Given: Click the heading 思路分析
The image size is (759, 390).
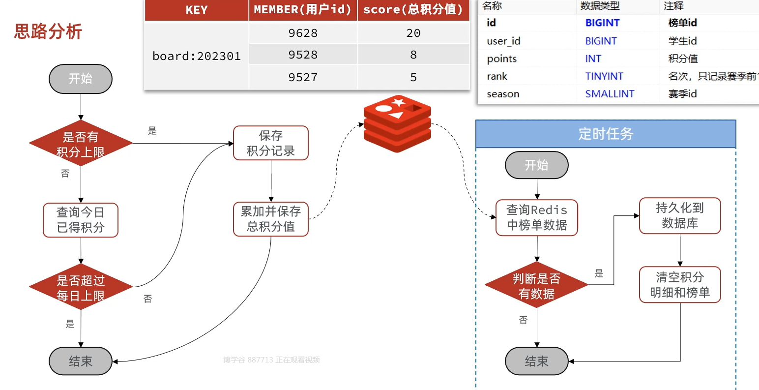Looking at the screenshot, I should (x=48, y=31).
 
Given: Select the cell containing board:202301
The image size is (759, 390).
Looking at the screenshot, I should (x=197, y=56).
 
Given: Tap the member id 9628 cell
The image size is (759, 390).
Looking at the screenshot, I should (x=303, y=33).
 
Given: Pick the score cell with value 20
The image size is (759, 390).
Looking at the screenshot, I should (x=413, y=33).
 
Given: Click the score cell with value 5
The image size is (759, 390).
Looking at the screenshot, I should (x=413, y=77).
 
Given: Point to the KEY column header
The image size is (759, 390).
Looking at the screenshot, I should (x=197, y=10).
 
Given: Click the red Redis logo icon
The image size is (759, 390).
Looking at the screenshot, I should (x=397, y=123).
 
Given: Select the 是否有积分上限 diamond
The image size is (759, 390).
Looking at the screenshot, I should (x=81, y=144).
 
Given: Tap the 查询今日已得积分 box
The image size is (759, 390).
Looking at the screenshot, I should (x=81, y=220).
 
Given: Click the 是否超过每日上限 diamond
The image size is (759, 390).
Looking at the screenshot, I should (x=81, y=287).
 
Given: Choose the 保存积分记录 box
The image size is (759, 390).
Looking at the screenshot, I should (x=271, y=143).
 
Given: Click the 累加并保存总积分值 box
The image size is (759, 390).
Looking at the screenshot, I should (x=271, y=219).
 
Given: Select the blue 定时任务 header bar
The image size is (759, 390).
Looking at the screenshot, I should (x=606, y=134).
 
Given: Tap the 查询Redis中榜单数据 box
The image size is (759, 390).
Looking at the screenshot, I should (x=537, y=217).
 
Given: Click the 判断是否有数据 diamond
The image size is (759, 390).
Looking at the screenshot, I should (x=537, y=285).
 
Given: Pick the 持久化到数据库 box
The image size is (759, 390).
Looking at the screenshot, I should (x=680, y=215).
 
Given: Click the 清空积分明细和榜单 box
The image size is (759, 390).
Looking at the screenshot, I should (x=680, y=284).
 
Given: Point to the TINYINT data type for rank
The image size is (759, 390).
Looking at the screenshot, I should (x=604, y=76).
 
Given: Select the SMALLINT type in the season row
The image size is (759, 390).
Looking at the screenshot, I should (x=610, y=94).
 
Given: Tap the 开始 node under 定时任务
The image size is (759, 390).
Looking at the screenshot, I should (x=537, y=165).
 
